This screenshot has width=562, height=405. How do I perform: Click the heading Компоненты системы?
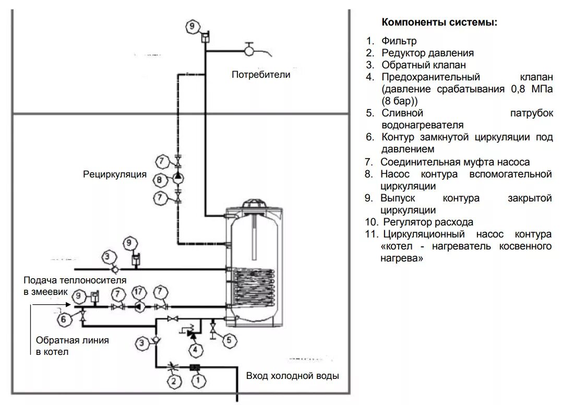pyautogui.click(x=439, y=22)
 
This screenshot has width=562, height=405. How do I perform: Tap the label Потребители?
pyautogui.click(x=261, y=75)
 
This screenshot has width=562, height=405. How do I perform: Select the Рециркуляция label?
pyautogui.click(x=115, y=174)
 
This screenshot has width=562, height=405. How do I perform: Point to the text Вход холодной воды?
pyautogui.click(x=292, y=376)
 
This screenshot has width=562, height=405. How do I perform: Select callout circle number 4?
pyautogui.click(x=194, y=349)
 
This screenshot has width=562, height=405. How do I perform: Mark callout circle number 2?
pyautogui.click(x=174, y=382)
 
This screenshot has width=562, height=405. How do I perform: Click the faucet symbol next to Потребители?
pyautogui.click(x=250, y=50)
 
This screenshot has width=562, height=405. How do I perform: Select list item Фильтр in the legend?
pyautogui.click(x=399, y=41)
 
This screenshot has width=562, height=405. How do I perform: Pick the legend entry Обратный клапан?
pyautogui.click(x=423, y=65)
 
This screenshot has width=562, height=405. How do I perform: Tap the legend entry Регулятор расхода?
pyautogui.click(x=427, y=222)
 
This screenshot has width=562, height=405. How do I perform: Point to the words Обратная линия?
pyautogui.click(x=72, y=340)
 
